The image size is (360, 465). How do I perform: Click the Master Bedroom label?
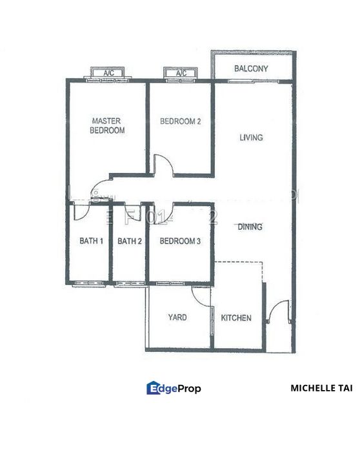point(108,125)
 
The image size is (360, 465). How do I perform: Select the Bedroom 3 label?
point(181,242)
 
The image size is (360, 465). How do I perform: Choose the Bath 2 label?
point(129,242)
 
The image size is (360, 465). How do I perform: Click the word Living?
point(251,138)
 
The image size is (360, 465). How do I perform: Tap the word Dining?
point(250,227)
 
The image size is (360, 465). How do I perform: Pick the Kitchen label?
point(236,318)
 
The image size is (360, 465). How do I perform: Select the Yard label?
point(177,317)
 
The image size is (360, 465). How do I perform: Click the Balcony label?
point(251,68)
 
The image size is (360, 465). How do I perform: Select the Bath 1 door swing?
point(82,212)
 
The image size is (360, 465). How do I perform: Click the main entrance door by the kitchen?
point(279,311)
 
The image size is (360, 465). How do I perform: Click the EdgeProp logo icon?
point(154,387)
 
